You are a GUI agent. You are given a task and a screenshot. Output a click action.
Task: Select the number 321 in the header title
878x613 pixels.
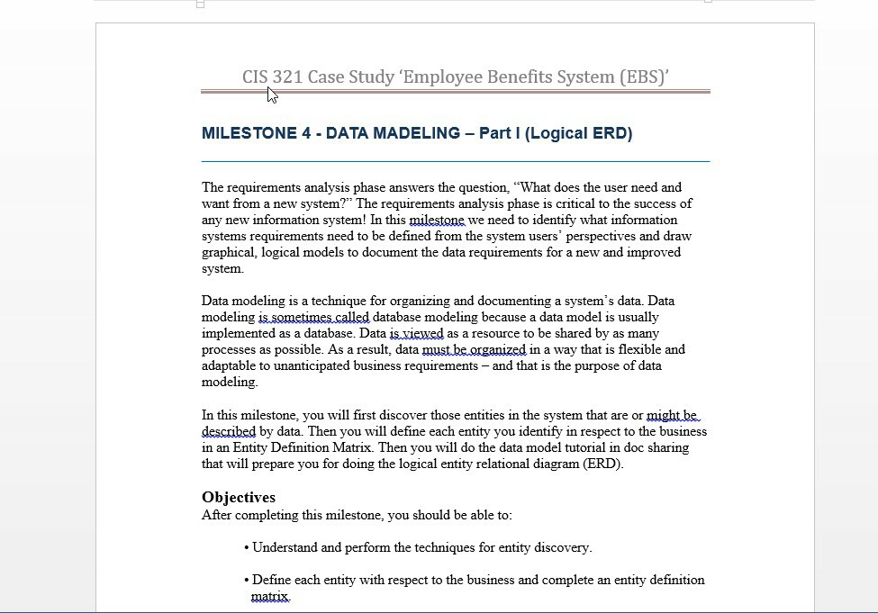(x=287, y=77)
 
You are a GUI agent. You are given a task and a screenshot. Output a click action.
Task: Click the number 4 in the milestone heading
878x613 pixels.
(x=306, y=133)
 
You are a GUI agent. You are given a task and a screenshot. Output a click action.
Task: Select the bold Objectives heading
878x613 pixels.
(x=239, y=497)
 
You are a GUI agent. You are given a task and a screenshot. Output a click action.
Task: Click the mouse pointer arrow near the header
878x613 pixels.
(x=272, y=95)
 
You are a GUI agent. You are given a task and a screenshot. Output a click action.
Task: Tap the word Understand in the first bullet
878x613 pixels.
(x=285, y=547)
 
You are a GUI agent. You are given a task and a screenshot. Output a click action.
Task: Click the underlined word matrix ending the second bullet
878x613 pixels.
(x=270, y=596)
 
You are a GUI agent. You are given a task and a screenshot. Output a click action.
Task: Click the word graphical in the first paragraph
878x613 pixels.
(x=229, y=252)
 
